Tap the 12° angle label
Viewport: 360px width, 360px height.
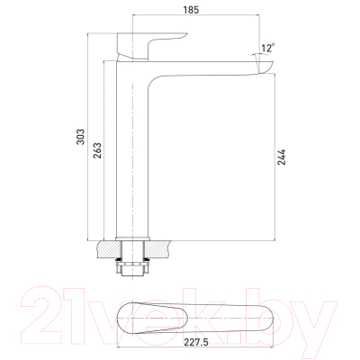pos(266,47)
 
